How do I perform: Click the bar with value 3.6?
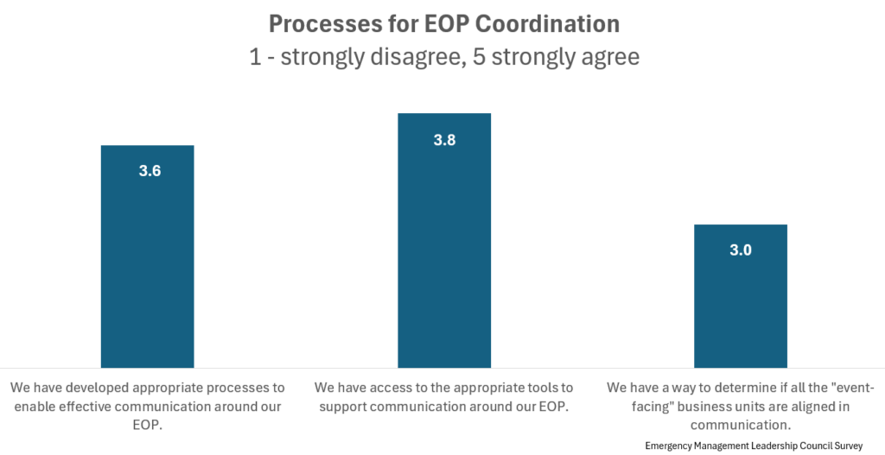[147, 259]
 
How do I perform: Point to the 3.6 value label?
[150, 171]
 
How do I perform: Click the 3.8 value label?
[444, 139]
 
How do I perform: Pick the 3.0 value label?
[741, 250]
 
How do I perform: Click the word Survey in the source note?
[846, 446]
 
